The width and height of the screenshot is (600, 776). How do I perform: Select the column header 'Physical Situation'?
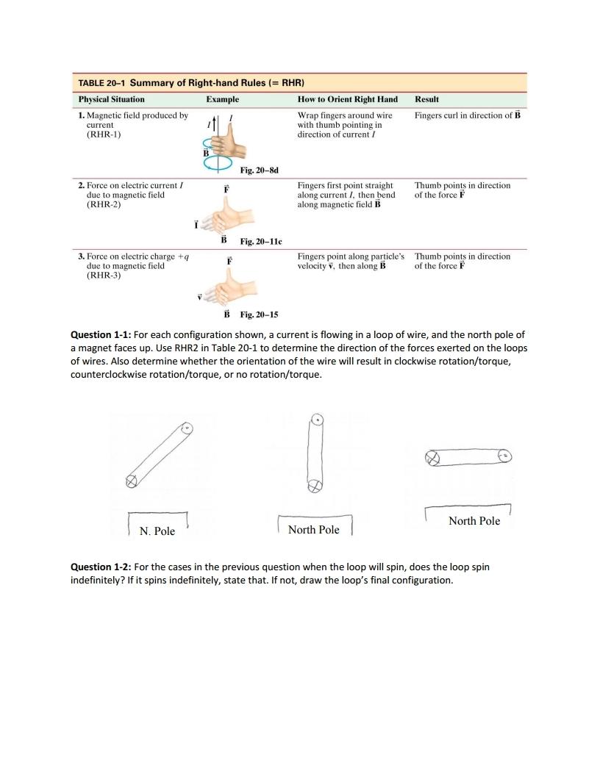(112, 99)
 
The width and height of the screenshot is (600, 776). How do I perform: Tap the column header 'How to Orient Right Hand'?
(347, 99)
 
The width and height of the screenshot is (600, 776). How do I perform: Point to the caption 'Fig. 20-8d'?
(259, 170)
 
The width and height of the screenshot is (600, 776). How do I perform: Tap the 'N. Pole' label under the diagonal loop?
(157, 531)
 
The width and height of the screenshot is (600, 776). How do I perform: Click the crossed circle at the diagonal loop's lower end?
(132, 481)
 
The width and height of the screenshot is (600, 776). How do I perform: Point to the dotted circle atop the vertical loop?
(317, 420)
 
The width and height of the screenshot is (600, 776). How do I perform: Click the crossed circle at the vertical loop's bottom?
(315, 486)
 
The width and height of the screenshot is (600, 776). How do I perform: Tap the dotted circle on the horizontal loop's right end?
(504, 455)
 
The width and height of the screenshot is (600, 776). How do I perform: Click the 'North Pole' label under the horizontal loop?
(474, 521)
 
